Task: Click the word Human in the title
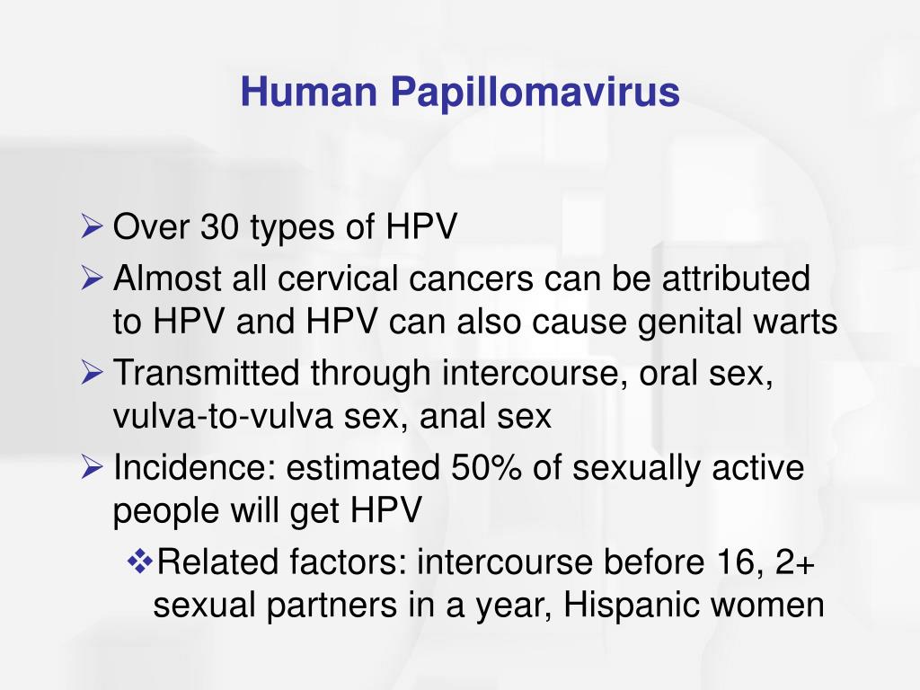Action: point(309,92)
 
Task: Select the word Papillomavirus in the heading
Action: point(535,93)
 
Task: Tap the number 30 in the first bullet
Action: point(220,226)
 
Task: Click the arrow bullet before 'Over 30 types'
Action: point(93,226)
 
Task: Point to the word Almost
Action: point(166,278)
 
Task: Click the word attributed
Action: point(737,278)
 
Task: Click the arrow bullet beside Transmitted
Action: point(93,373)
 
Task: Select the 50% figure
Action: point(486,467)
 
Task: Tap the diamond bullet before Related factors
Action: point(140,562)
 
